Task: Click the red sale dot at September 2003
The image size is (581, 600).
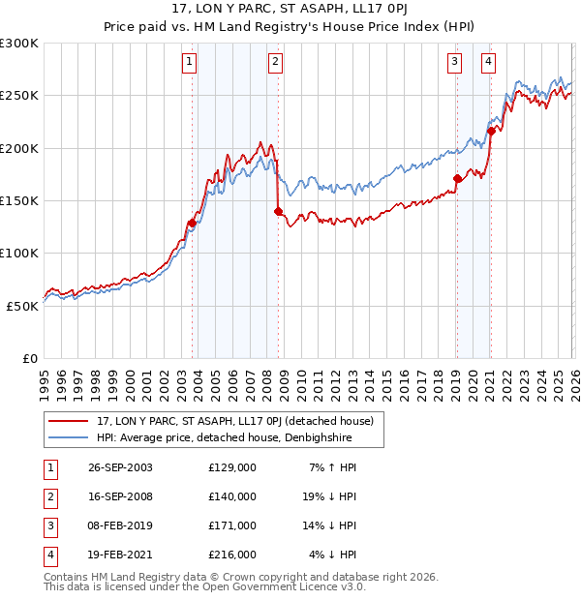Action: point(192,224)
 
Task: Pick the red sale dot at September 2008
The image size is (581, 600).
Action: point(278,211)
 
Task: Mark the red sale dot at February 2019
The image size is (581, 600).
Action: point(457,178)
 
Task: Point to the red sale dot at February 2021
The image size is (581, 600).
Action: point(492,131)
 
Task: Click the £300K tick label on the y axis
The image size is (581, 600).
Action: point(19,44)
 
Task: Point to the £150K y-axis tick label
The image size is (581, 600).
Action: point(19,200)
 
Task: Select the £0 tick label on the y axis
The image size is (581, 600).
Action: point(30,358)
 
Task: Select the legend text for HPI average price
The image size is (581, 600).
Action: point(223,437)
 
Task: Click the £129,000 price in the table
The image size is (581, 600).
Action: point(232,467)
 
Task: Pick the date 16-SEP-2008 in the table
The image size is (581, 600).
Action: point(120,496)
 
